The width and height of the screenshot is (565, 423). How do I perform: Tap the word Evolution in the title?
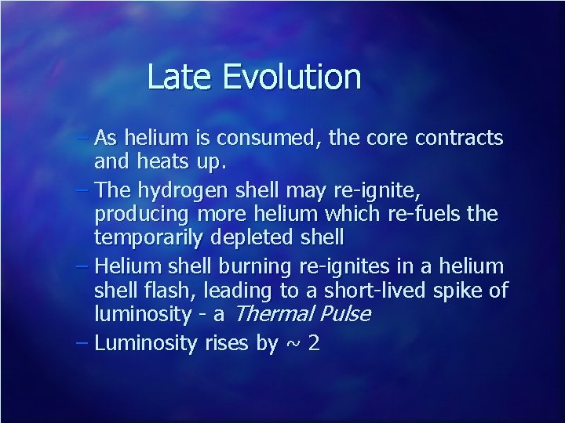point(291,78)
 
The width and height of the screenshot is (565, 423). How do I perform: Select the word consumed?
point(267,139)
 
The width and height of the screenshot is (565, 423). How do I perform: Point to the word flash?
point(175,291)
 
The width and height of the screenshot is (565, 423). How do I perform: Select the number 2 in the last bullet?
point(314,343)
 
